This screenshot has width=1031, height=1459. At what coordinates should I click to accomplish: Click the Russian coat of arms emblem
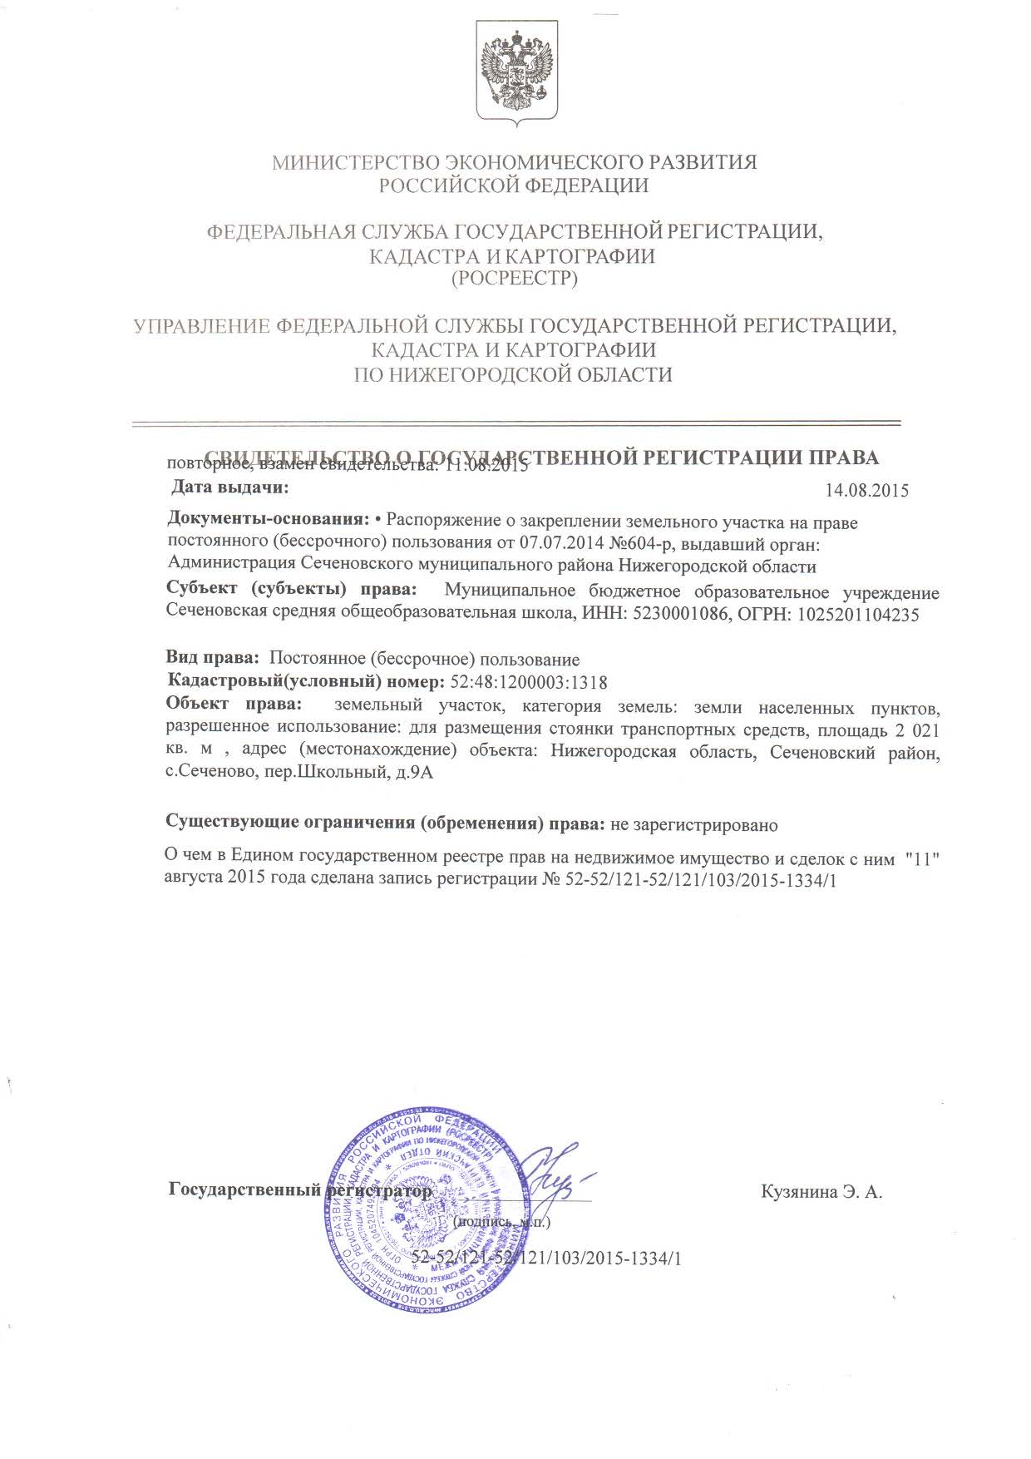coord(515,73)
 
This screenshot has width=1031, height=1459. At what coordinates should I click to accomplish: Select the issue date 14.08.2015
coord(866,490)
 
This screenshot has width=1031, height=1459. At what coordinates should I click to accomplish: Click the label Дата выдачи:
coord(230,487)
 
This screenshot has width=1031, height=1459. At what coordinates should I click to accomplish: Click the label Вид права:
coord(212,659)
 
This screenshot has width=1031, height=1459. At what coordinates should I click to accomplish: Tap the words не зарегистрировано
coord(694,825)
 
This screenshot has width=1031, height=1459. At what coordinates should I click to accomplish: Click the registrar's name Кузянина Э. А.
coord(821,1192)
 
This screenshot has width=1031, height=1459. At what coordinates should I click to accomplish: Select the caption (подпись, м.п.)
coord(502,1222)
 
